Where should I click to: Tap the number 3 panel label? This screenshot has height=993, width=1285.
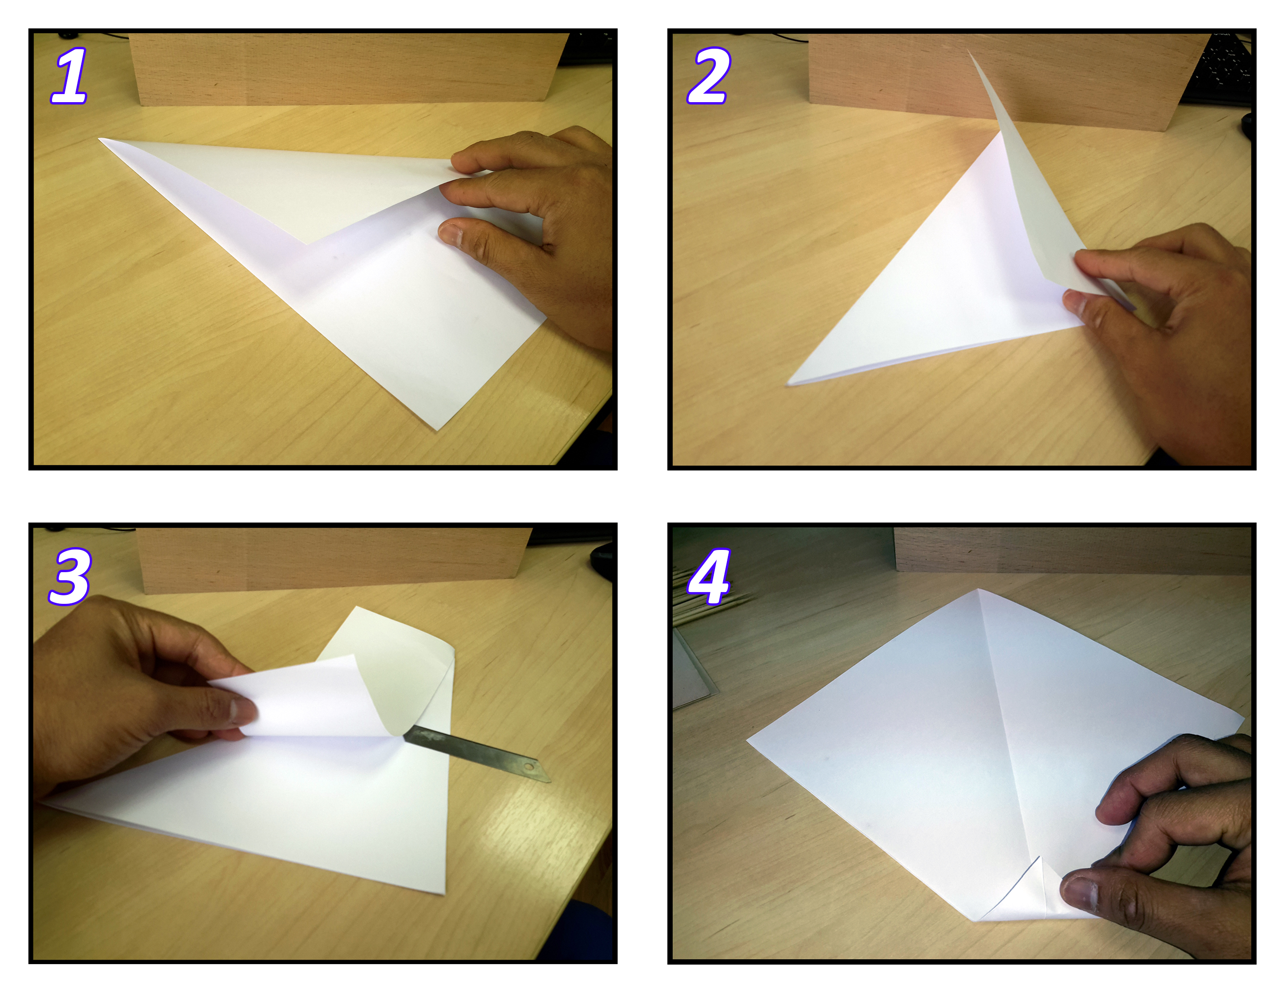70,576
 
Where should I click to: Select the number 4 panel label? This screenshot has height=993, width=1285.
709,576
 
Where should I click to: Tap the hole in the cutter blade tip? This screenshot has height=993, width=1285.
529,767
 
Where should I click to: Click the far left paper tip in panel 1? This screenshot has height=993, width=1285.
99,139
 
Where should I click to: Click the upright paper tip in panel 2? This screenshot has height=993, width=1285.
969,51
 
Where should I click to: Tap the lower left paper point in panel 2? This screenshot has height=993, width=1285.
788,384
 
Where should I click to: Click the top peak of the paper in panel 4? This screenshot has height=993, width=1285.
978,590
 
